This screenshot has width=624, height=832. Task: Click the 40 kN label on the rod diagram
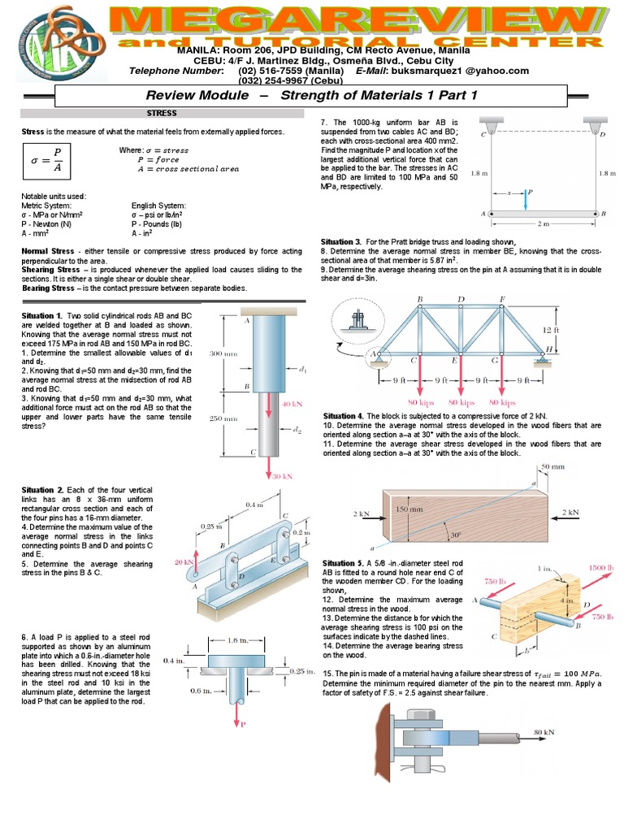click(x=292, y=403)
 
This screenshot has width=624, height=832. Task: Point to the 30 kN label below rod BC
click(x=281, y=476)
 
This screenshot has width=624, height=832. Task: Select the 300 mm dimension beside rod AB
click(x=223, y=354)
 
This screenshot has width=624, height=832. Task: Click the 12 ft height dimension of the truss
click(x=548, y=330)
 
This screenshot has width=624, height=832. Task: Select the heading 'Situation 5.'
click(x=342, y=563)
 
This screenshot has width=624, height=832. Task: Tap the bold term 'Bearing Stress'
click(x=47, y=288)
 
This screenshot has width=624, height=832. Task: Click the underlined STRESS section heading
click(x=161, y=113)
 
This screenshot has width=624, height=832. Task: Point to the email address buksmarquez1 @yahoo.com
click(x=459, y=71)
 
